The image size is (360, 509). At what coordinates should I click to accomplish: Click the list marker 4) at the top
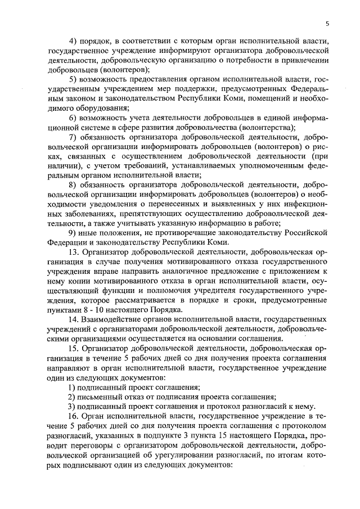click(73, 42)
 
